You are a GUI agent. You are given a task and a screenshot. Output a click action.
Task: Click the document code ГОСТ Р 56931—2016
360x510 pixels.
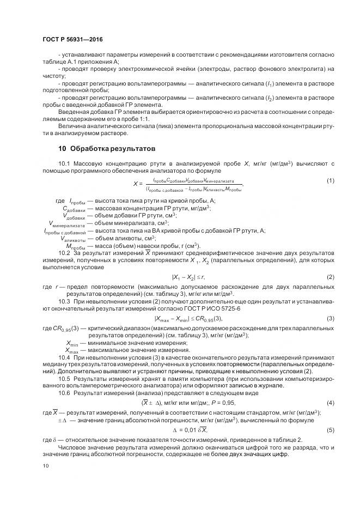(72, 40)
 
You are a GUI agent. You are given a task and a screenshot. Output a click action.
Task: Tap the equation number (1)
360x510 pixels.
(330, 180)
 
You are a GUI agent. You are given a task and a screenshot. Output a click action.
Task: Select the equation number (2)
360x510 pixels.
(330, 277)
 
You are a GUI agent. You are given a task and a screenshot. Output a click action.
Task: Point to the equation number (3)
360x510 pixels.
(330, 318)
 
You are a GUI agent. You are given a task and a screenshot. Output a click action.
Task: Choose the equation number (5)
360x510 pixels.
(330, 430)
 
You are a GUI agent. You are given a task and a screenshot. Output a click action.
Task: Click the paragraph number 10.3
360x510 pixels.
(65, 301)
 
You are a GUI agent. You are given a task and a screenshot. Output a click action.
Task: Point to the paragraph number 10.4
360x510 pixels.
(65, 356)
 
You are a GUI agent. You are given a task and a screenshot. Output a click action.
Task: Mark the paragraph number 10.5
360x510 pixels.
(65, 378)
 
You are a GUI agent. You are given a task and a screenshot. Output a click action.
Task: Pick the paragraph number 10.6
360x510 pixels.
(65, 393)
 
